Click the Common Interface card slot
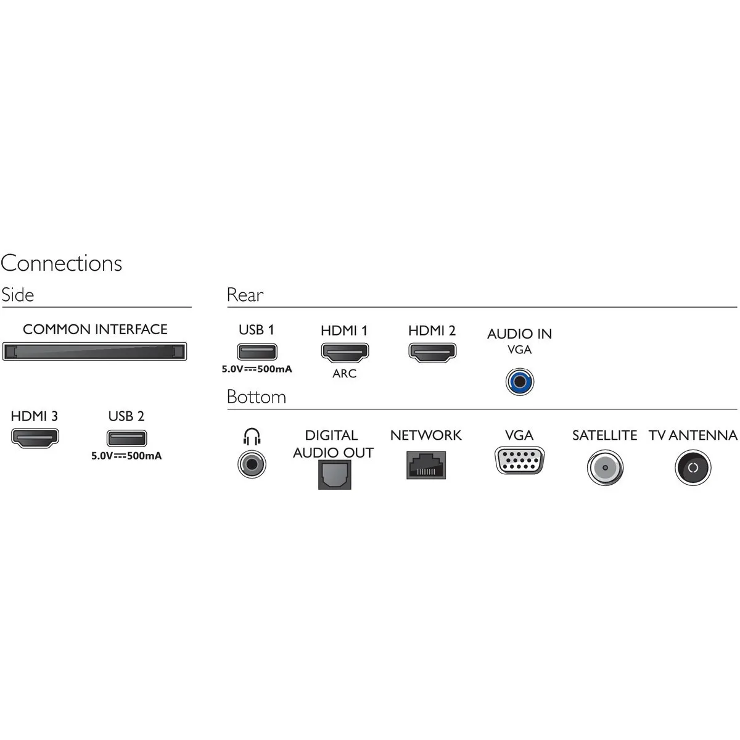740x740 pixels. point(94,351)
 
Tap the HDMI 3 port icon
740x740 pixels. point(35,438)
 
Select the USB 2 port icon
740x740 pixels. point(127,438)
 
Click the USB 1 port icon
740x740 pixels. point(257,351)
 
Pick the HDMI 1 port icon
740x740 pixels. point(345,352)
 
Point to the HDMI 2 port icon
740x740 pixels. point(432,352)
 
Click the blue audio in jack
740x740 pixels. point(520,382)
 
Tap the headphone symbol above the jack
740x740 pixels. point(252,437)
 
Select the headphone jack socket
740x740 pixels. point(252,464)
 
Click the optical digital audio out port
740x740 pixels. point(334,475)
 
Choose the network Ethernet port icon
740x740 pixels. point(426,465)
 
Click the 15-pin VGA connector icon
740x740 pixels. point(520,461)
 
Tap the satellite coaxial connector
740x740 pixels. point(605,467)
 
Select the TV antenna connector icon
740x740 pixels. point(693,467)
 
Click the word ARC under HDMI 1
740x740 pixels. point(345,373)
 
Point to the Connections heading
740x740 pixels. point(62,263)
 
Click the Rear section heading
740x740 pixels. point(245,295)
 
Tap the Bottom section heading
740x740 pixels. point(257,397)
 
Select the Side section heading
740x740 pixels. point(18,295)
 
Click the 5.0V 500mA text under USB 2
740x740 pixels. point(126,456)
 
